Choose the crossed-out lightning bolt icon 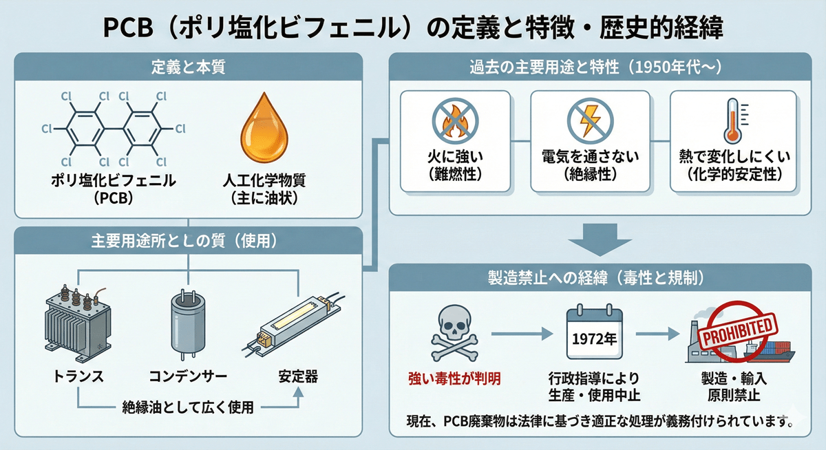(590, 120)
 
